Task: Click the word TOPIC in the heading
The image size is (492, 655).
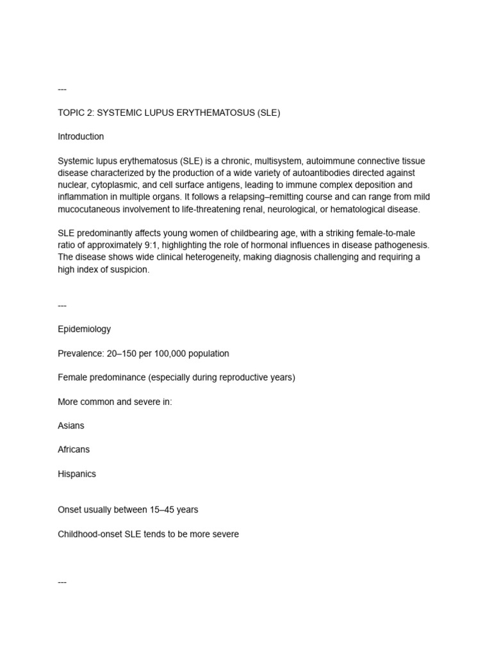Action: point(70,113)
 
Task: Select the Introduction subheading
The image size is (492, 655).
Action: point(81,137)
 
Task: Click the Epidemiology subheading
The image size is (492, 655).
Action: point(84,329)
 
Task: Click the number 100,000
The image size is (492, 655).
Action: point(168,354)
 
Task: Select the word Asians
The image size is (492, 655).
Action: point(71,426)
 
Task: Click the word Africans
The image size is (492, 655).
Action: point(74,450)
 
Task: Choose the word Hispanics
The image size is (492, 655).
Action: point(77,474)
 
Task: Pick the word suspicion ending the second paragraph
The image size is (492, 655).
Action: point(129,269)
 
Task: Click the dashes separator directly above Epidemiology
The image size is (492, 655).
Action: point(62,306)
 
